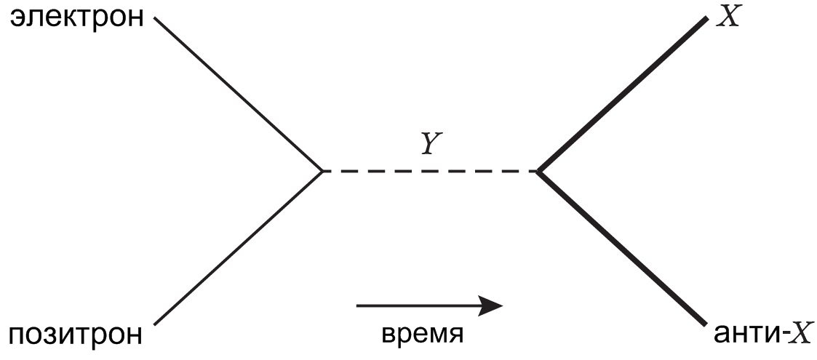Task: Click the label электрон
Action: tap(76, 18)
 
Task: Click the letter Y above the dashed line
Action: tap(430, 146)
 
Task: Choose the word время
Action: tap(423, 335)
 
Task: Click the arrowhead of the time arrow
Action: tap(493, 306)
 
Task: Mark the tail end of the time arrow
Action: tap(358, 306)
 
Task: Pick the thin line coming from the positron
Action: tap(239, 248)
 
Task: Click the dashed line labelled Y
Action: tap(430, 171)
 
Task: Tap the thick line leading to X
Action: tap(622, 95)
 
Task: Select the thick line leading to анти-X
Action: tap(622, 248)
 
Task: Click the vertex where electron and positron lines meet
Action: tap(322, 171)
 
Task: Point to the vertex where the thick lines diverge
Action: tap(538, 171)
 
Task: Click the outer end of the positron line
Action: tap(156, 324)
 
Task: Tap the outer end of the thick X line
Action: tap(705, 19)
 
